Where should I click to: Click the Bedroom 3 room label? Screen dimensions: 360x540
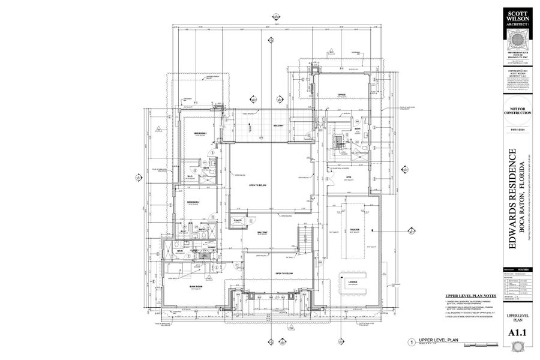tap(200, 133)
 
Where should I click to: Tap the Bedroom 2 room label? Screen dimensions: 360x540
tap(193, 202)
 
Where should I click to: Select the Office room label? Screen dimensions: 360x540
tap(341, 95)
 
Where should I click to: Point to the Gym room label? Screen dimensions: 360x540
tap(347, 178)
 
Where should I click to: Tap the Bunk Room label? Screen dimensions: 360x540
tap(195, 286)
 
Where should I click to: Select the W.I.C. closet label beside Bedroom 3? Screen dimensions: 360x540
tap(190, 176)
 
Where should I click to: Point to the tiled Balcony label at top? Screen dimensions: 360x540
tap(278, 125)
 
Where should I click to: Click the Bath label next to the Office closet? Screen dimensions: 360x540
tap(357, 129)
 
